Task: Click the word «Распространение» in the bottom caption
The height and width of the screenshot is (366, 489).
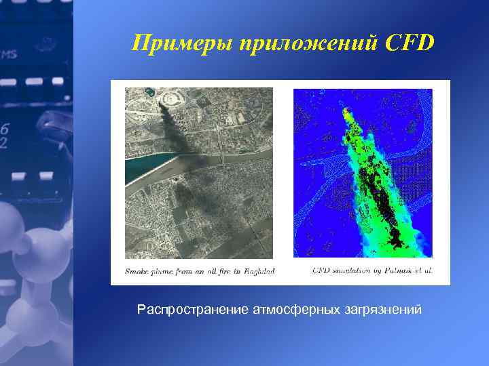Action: (x=193, y=310)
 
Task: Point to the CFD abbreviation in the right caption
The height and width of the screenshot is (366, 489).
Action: (x=321, y=270)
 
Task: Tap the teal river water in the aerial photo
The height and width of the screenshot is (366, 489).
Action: (x=146, y=167)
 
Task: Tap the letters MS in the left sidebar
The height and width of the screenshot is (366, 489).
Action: (x=9, y=54)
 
